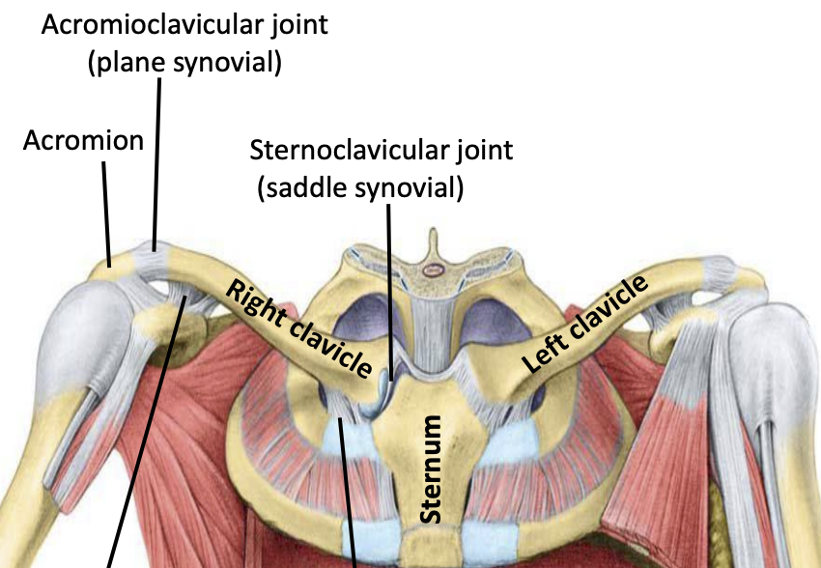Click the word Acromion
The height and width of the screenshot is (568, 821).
tap(83, 141)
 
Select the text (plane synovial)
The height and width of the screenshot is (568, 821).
tap(184, 64)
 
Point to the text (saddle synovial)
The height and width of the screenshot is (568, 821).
tap(360, 187)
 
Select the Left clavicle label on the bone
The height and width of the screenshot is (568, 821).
tap(584, 325)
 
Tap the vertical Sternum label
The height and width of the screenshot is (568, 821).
tap(432, 469)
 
